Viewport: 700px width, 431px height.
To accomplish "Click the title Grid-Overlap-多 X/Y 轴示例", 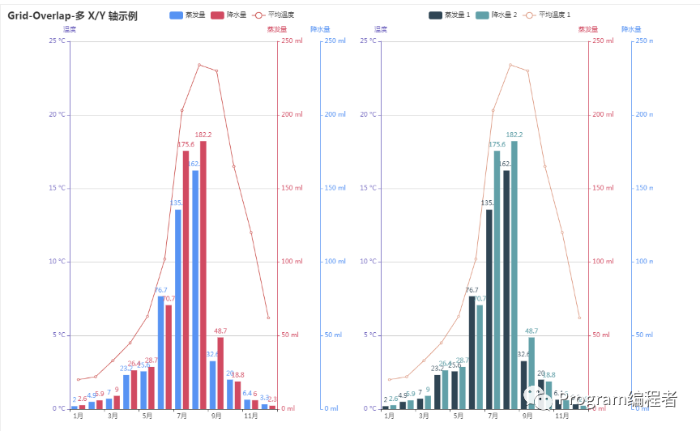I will (73, 15).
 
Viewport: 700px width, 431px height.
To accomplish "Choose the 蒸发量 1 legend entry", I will (449, 15).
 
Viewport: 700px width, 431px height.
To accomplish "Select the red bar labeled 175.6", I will (186, 279).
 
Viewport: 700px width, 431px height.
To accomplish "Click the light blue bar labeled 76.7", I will (160, 352).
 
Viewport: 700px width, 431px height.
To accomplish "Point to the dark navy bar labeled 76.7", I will (472, 352).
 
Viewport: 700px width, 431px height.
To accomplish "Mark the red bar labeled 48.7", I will (220, 373).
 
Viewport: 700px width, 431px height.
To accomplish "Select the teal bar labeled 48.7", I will (531, 373).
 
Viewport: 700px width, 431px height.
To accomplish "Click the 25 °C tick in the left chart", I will (58, 41).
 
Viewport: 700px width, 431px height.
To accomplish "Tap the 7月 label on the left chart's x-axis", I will (181, 416).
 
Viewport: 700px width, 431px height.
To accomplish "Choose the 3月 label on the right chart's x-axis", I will (424, 416).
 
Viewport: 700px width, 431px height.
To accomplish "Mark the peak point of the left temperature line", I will (199, 65).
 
